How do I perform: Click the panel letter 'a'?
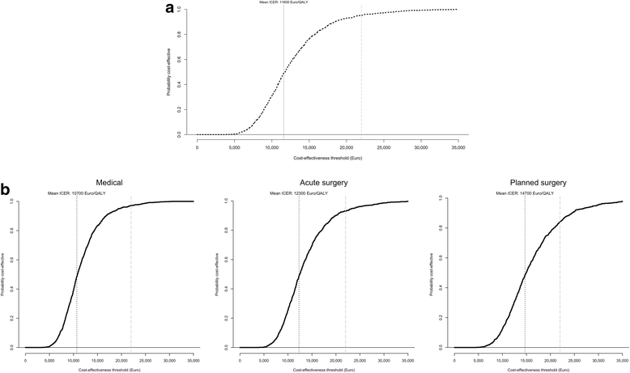tap(168, 9)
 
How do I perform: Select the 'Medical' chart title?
tap(109, 183)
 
